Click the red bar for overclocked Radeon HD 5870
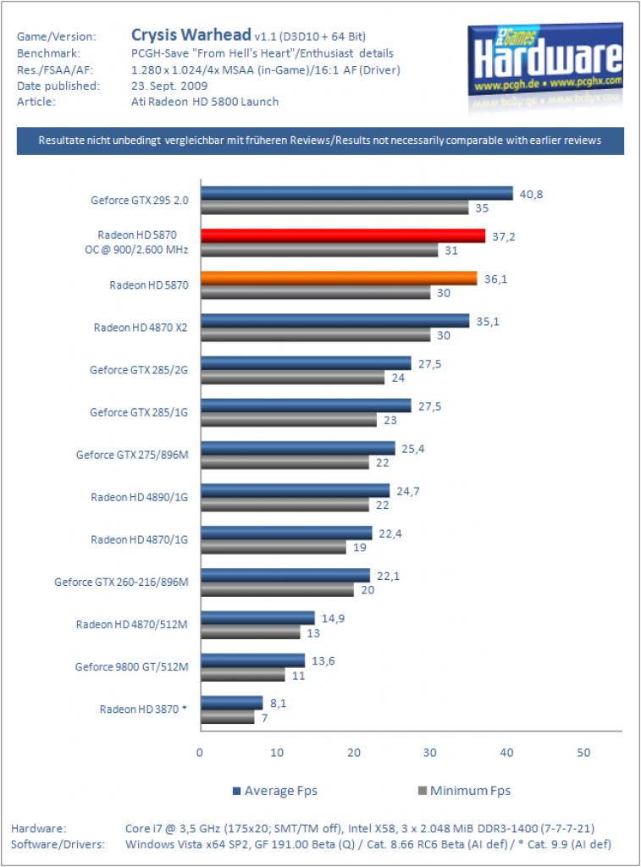pos(343,235)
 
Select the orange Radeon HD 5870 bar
pos(339,278)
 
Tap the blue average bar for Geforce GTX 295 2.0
pos(356,193)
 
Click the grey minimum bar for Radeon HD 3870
pos(227,717)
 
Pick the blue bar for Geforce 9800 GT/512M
pos(252,660)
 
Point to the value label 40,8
pos(531,194)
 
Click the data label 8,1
pos(279,704)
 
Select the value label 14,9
pos(333,618)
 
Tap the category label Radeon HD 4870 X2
pos(141,328)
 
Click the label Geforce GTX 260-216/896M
pos(121,582)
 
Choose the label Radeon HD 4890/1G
pos(140,497)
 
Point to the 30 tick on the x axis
pos(429,753)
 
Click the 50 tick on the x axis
pos(583,753)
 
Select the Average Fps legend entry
pos(275,791)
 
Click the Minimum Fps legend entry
pos(464,791)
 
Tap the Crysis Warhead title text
pos(191,35)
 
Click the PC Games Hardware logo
pos(545,61)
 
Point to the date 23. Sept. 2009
pos(169,86)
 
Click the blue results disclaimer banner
pos(320,141)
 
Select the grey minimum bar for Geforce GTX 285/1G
pos(289,420)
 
